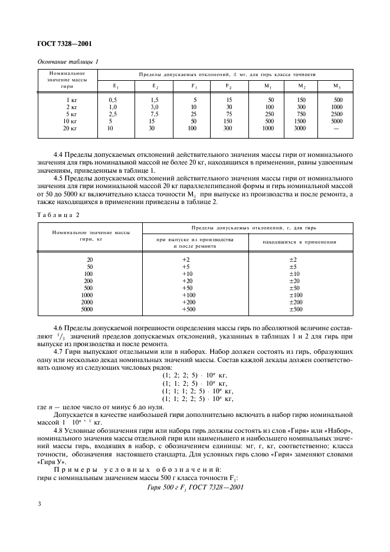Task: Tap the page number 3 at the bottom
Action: click(39, 504)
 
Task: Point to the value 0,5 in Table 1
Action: click(113, 100)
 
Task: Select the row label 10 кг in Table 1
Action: click(70, 121)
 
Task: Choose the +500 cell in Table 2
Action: click(189, 309)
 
